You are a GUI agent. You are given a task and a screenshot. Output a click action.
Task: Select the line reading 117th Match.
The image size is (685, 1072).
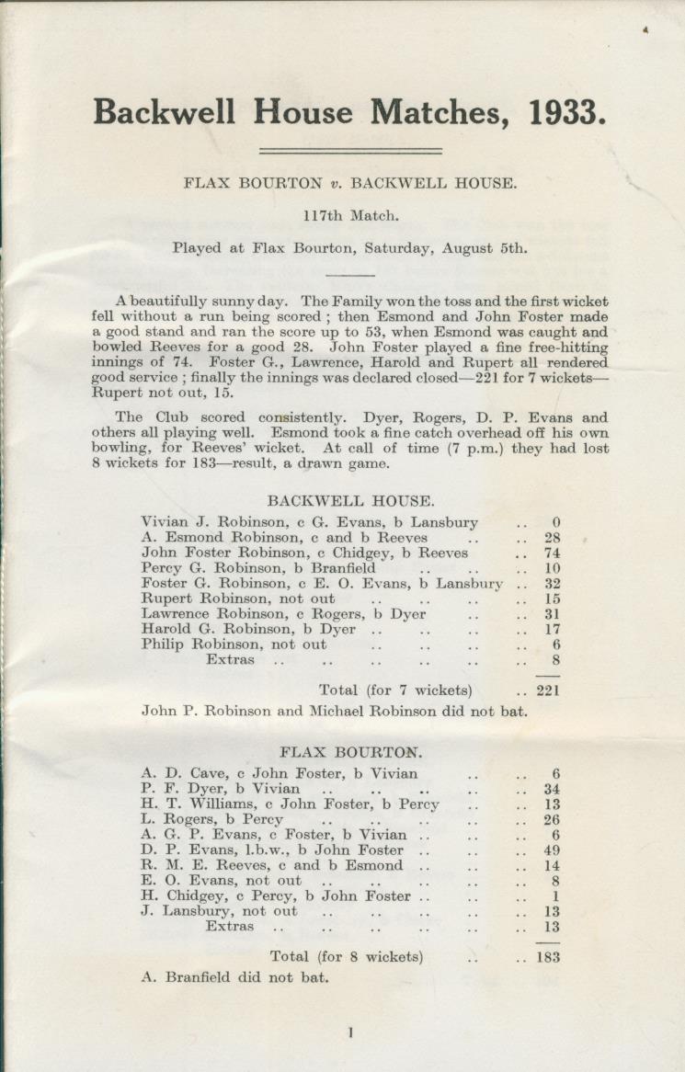(350, 216)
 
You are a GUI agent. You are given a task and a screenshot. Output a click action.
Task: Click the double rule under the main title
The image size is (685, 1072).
(350, 151)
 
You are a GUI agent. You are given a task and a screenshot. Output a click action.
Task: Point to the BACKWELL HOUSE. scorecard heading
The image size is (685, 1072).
(350, 501)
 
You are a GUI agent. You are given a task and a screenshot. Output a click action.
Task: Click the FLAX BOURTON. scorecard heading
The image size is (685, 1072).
(350, 752)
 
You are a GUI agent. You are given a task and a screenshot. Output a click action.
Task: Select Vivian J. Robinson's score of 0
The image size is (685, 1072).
(556, 523)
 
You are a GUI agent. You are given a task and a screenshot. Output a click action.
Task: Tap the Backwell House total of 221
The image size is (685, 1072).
(548, 690)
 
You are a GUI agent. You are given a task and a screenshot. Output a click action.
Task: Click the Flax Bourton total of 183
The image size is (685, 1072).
(548, 957)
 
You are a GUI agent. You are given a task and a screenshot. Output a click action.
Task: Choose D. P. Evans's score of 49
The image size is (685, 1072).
(552, 850)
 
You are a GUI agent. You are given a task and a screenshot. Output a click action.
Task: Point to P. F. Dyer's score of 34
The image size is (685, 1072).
(552, 789)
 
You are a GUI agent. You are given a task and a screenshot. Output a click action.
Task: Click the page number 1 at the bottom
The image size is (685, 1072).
(350, 1032)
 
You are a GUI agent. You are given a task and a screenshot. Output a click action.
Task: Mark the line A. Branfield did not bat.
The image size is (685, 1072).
(234, 977)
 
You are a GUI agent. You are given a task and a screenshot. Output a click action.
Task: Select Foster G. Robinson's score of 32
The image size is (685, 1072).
(552, 584)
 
